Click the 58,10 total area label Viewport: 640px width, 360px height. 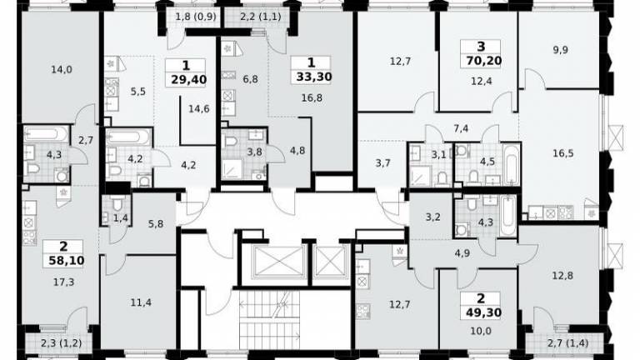click(x=67, y=260)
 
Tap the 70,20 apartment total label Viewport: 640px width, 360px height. click(x=483, y=61)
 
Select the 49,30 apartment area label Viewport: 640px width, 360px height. click(x=483, y=312)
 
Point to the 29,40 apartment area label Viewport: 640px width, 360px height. click(x=189, y=79)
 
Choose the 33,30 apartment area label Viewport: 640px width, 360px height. click(x=314, y=77)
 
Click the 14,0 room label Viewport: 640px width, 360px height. click(x=62, y=70)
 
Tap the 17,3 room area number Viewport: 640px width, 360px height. click(x=63, y=282)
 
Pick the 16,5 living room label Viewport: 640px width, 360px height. click(x=563, y=153)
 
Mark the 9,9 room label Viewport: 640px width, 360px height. click(x=561, y=50)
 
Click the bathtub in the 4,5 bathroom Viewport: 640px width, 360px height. click(x=511, y=164)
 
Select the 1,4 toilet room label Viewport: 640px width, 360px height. click(x=120, y=218)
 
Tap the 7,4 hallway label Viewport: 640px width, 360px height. click(x=461, y=129)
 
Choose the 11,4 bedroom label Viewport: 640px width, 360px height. click(x=141, y=302)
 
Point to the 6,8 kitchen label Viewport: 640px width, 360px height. click(x=250, y=79)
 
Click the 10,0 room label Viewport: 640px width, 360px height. click(x=480, y=331)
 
